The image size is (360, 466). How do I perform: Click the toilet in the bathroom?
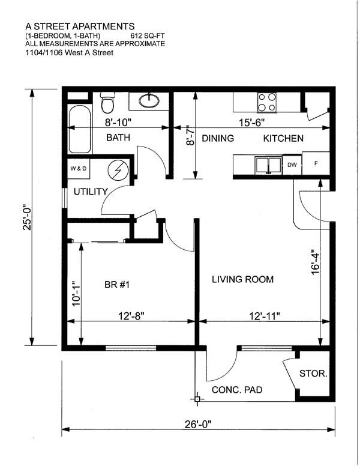click(x=107, y=103)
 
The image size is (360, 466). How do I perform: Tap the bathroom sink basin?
click(x=149, y=100)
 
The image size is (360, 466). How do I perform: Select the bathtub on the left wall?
click(x=80, y=129)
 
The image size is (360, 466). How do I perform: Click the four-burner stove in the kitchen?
click(x=267, y=102)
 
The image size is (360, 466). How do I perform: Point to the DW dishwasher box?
click(x=292, y=165)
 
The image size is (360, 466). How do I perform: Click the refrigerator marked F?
click(x=316, y=163)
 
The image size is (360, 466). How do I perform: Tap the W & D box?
click(x=79, y=169)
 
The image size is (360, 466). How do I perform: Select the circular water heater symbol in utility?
click(x=118, y=170)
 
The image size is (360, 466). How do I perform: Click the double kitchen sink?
click(x=269, y=165)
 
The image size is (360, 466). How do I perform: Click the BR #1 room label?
click(x=117, y=285)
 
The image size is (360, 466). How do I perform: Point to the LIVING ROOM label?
click(x=242, y=279)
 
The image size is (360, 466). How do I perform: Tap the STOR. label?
click(x=313, y=374)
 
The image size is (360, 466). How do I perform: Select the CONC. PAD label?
click(x=237, y=390)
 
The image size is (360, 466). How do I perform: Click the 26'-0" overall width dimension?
click(x=198, y=425)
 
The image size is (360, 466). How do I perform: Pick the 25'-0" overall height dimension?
click(x=27, y=217)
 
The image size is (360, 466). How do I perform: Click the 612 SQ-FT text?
click(x=148, y=36)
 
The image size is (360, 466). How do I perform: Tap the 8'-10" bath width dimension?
click(x=118, y=122)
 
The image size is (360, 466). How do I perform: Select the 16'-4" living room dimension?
click(x=315, y=262)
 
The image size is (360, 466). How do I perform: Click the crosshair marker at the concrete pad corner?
click(x=197, y=399)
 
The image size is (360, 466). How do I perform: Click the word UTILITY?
click(x=91, y=192)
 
